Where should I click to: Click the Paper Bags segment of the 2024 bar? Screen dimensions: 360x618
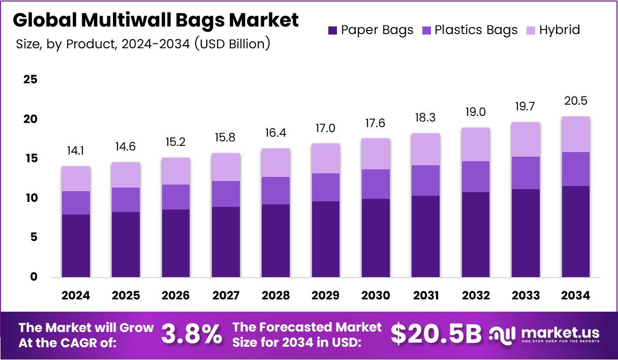(x=76, y=246)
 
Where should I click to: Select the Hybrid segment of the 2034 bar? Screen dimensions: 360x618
(x=575, y=134)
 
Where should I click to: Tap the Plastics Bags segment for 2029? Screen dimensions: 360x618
(x=326, y=187)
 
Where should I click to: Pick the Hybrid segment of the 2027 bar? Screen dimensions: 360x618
(x=226, y=167)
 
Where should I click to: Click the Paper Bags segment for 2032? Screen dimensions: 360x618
(x=476, y=234)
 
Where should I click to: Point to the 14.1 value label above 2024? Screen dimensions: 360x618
(x=76, y=151)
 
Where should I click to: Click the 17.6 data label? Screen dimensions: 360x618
(x=376, y=123)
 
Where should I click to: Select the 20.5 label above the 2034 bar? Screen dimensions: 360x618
(x=575, y=101)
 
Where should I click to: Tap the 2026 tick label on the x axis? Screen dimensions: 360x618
(x=176, y=295)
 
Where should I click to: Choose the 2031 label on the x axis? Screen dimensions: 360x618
(x=426, y=295)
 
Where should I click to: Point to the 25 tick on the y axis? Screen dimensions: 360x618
(x=30, y=79)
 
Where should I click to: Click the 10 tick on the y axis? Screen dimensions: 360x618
(x=30, y=198)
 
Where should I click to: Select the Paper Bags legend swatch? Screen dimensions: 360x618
(x=333, y=30)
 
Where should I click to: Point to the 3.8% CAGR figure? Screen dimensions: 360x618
(x=192, y=335)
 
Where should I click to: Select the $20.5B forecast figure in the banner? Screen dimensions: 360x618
(x=436, y=335)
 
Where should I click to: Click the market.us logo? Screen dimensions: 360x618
(x=544, y=335)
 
